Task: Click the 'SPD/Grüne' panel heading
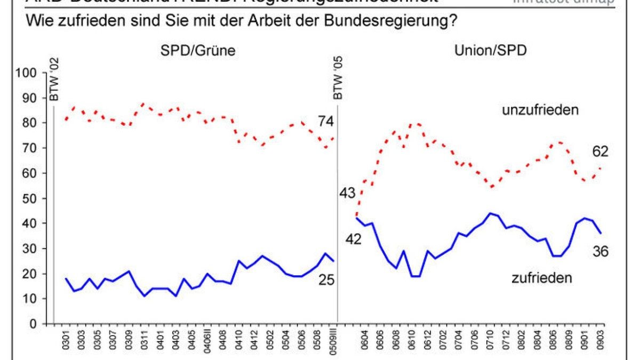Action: (x=198, y=51)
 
